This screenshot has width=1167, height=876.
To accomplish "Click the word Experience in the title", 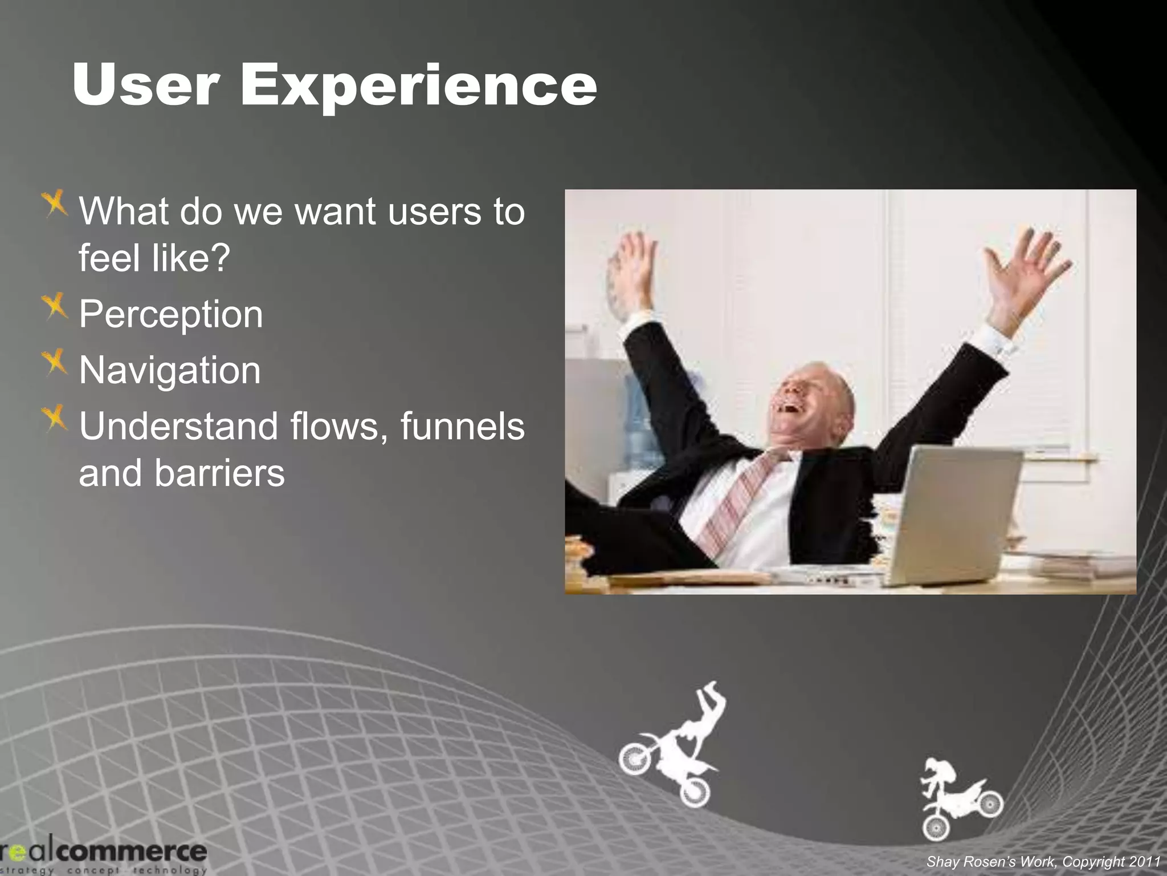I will click(x=419, y=86).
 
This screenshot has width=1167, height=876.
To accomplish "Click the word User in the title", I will click(x=146, y=86).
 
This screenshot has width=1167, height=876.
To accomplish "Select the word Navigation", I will click(x=170, y=371).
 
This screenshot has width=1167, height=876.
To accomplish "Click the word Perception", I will click(x=171, y=315).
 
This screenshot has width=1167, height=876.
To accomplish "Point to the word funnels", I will click(x=462, y=427).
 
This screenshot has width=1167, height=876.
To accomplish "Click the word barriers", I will click(x=219, y=473).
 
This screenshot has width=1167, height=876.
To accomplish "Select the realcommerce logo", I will click(x=103, y=854).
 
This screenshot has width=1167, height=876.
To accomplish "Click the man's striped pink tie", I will click(x=741, y=502).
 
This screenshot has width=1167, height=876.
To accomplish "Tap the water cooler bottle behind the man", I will click(x=638, y=422).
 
